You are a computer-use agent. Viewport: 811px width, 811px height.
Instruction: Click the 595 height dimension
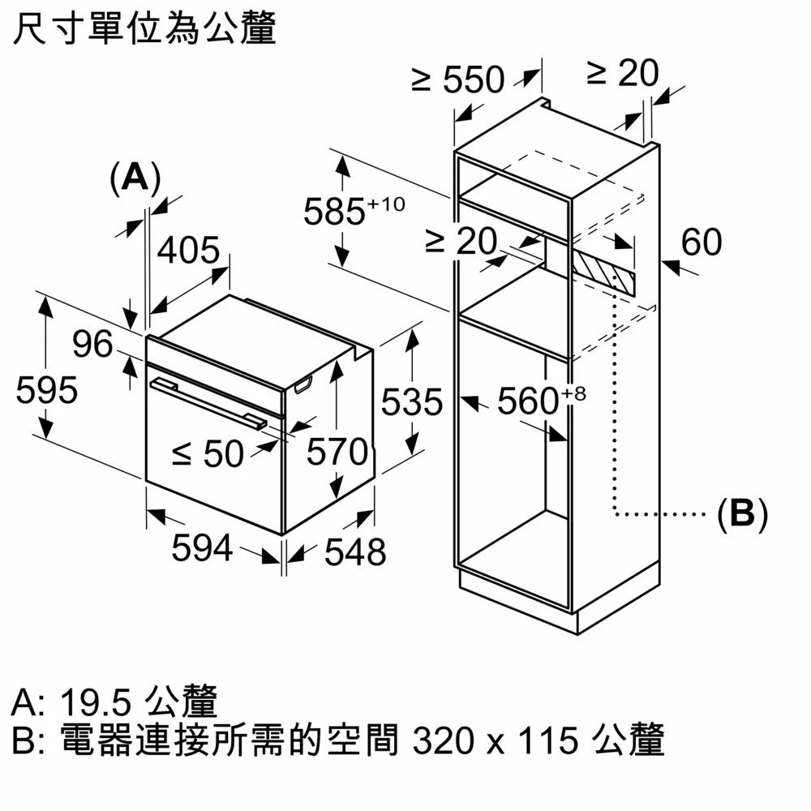pyautogui.click(x=47, y=390)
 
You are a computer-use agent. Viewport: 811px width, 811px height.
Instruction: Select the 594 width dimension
pyautogui.click(x=202, y=549)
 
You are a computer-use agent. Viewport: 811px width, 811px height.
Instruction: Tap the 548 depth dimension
pyautogui.click(x=355, y=552)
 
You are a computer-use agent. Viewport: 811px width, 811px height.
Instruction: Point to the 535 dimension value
pyautogui.click(x=412, y=401)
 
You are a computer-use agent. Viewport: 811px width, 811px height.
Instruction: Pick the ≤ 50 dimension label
pyautogui.click(x=208, y=455)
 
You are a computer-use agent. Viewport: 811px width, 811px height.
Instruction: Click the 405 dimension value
pyautogui.click(x=188, y=251)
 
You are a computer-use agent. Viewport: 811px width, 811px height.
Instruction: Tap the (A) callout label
pyautogui.click(x=135, y=177)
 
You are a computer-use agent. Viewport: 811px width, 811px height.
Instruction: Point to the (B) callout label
pyautogui.click(x=743, y=513)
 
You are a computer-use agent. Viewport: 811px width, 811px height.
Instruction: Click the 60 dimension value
pyautogui.click(x=702, y=242)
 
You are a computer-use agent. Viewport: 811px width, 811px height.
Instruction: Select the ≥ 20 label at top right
pyautogui.click(x=622, y=75)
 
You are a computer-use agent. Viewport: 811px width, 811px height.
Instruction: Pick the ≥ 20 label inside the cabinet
pyautogui.click(x=461, y=241)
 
